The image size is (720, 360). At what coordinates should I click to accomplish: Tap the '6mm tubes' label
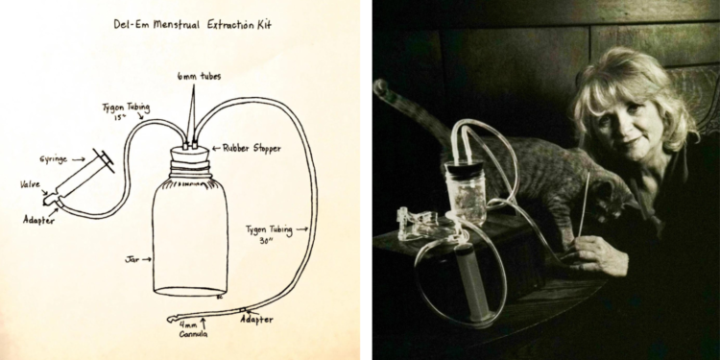coord(198,77)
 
